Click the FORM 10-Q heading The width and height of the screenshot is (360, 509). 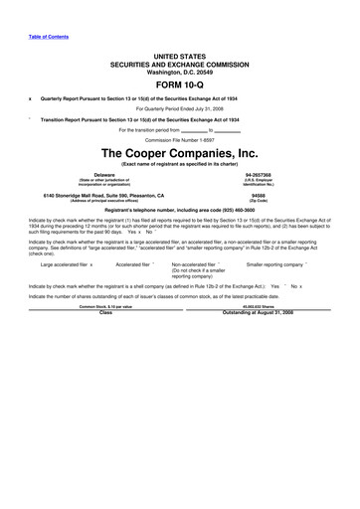[179, 85]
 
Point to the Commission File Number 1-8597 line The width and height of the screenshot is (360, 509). [179, 139]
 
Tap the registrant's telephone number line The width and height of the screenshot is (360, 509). [179, 211]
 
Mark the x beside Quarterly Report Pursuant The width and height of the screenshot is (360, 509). [30, 99]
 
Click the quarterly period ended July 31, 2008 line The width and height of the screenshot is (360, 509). [179, 108]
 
